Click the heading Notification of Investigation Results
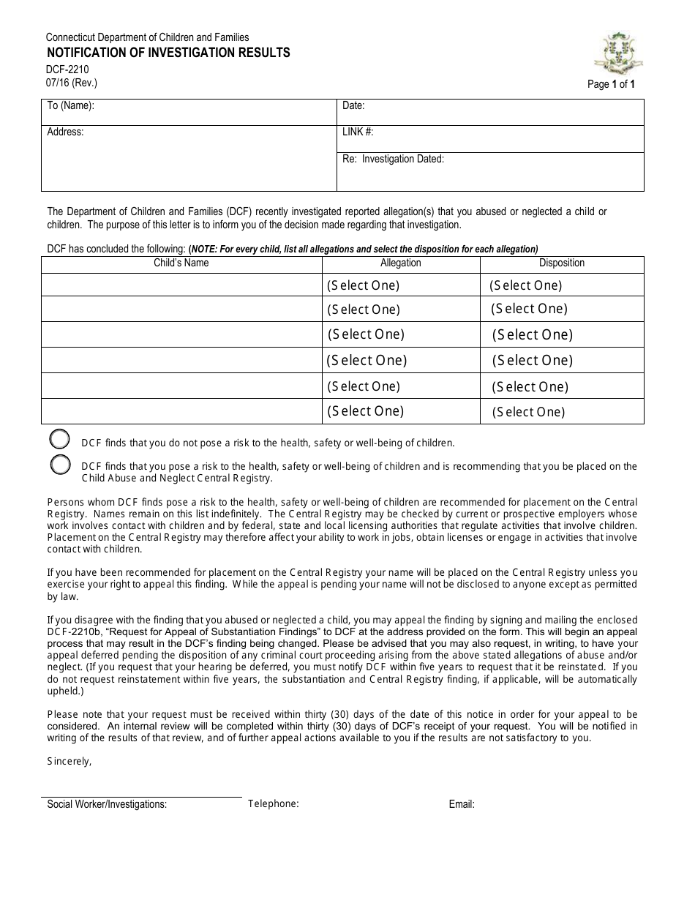168,53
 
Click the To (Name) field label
71,106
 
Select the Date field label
353,106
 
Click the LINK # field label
358,132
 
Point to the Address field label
65,132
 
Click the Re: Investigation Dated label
393,159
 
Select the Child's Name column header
181,263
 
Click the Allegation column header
401,263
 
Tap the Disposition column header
562,263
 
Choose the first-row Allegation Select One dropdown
364,285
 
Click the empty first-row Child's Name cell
181,285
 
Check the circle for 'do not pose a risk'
60,440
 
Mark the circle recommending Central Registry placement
60,465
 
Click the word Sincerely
69,761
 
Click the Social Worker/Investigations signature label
107,804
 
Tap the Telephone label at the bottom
273,803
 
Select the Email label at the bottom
462,804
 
